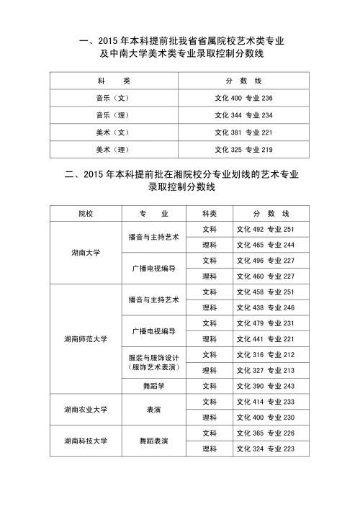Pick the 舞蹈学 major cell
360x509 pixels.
pyautogui.click(x=153, y=386)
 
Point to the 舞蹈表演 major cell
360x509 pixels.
pyautogui.click(x=153, y=440)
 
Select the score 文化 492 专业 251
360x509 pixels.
pyautogui.click(x=266, y=230)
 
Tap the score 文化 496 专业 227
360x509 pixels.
pyautogui.click(x=266, y=261)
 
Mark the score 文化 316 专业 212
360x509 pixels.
pyautogui.click(x=266, y=354)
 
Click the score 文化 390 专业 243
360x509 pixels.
pyautogui.click(x=266, y=386)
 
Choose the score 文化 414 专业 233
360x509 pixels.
pyautogui.click(x=266, y=401)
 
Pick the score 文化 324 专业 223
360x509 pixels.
pyautogui.click(x=266, y=449)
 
